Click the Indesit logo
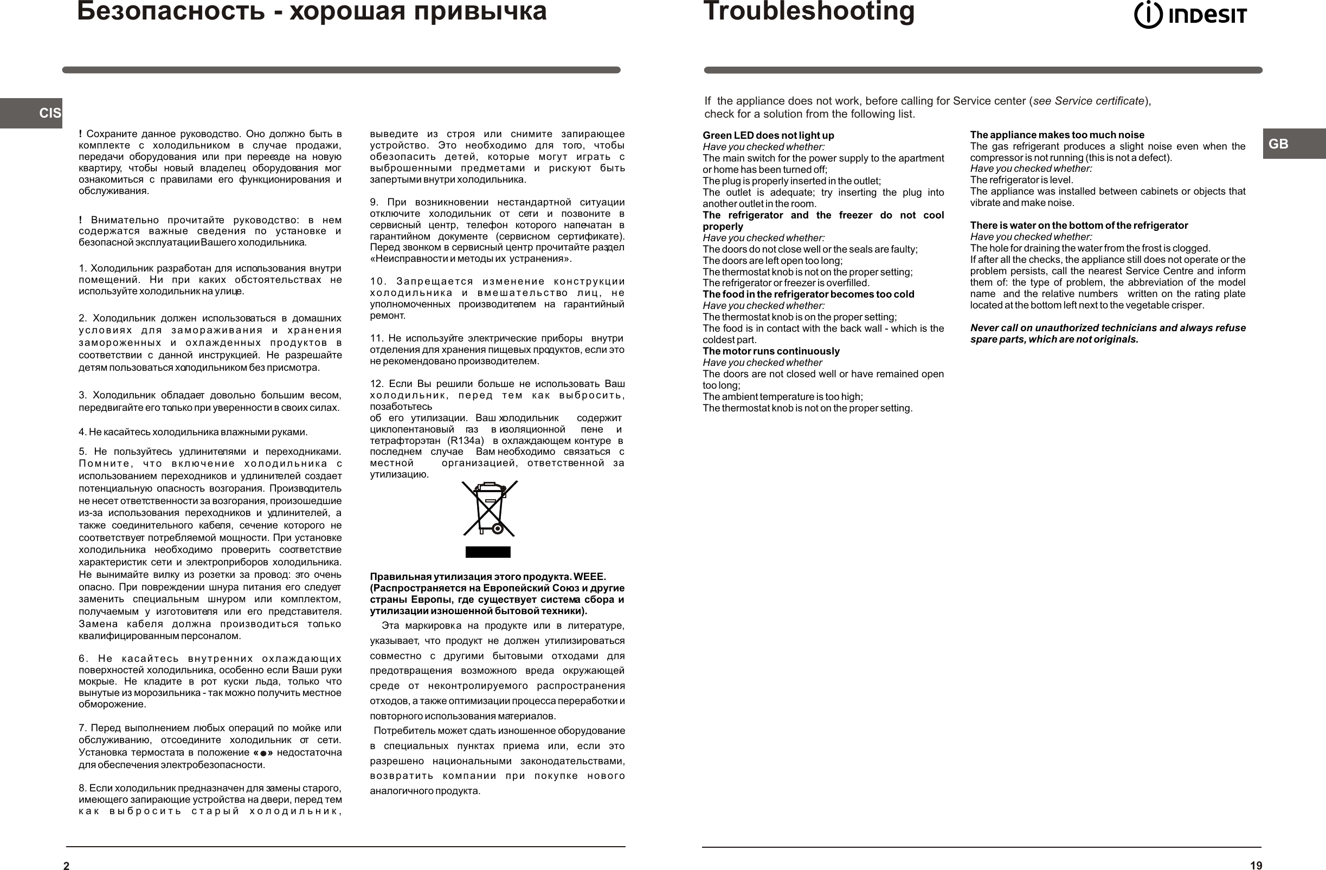[x=1190, y=16]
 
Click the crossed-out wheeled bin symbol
[x=489, y=508]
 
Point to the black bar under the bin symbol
[x=487, y=552]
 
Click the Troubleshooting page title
[x=808, y=11]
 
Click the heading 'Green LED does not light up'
[x=768, y=136]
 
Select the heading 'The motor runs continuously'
[x=770, y=351]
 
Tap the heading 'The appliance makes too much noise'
[x=1057, y=135]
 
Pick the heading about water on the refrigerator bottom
[x=1079, y=225]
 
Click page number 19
[x=1256, y=866]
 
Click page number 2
[x=66, y=866]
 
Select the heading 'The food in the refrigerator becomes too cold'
[x=808, y=294]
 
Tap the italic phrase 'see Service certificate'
[x=1088, y=101]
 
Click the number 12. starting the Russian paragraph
[x=377, y=384]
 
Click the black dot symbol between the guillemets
[x=263, y=753]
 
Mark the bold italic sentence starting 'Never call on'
[x=1108, y=333]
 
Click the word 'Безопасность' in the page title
[x=170, y=11]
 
